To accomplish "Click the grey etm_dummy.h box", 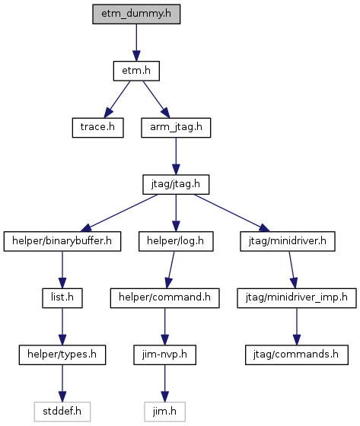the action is click(136, 14).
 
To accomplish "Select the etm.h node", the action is click(136, 71).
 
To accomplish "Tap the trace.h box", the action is click(98, 128).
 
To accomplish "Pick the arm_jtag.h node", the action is click(176, 128).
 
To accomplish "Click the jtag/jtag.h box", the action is click(176, 184).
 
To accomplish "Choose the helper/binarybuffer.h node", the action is click(62, 241).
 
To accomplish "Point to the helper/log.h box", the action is click(176, 241).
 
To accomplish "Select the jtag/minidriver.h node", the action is click(288, 241).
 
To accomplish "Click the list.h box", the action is click(62, 298).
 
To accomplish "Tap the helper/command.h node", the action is click(164, 298).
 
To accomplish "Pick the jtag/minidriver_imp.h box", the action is click(297, 298).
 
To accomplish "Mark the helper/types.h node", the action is click(62, 354).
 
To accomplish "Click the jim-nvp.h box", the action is click(164, 354).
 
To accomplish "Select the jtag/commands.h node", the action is click(297, 354).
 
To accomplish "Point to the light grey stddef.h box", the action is click(62, 412).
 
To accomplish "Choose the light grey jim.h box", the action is click(164, 412).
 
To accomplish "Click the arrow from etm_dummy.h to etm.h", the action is click(136, 43).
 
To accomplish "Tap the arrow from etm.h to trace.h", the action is click(117, 100).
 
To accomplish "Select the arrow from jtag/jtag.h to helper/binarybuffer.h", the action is click(120, 213).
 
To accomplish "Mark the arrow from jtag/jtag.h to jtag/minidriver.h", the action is click(232, 213).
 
